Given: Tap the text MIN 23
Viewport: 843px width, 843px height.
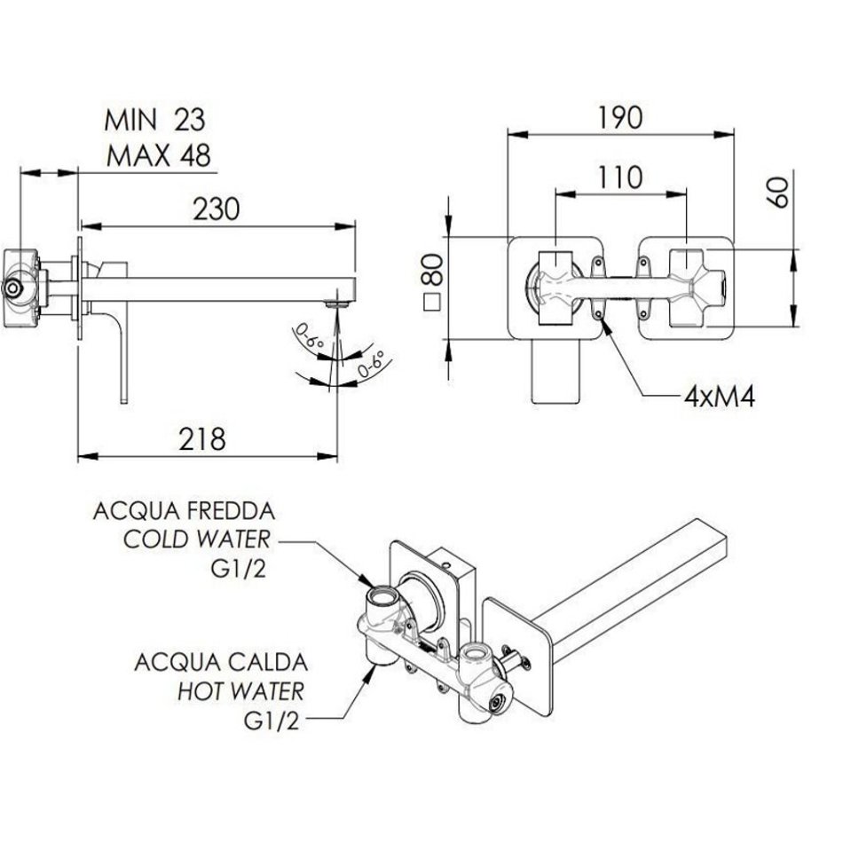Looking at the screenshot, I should [155, 119].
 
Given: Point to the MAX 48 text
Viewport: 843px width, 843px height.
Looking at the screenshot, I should [159, 156].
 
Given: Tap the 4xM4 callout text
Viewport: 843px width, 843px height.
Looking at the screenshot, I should [719, 396].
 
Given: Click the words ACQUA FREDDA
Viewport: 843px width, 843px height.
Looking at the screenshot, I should [184, 512].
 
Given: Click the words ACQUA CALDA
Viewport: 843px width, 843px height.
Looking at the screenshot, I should [221, 662].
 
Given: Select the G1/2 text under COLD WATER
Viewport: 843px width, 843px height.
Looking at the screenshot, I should [241, 567].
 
